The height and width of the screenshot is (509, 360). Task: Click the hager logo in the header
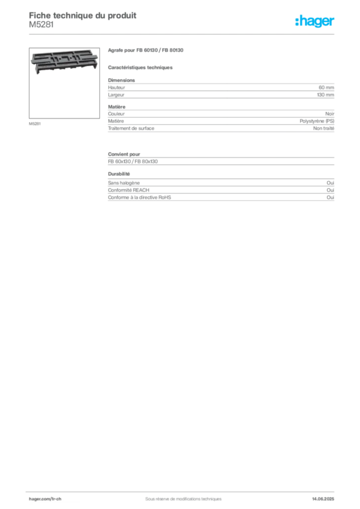pos(315,21)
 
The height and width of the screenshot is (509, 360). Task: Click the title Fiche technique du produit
pos(83,15)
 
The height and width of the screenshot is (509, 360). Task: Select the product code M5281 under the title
pos(41,25)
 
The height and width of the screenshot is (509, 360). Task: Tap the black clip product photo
pos(64,61)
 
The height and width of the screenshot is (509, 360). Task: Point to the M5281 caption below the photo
pos(35,124)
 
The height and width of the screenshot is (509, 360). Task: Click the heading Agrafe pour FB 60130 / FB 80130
pos(145,50)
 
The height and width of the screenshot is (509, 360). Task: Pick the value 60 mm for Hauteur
pos(326,87)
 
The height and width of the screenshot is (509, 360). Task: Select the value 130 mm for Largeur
pos(326,95)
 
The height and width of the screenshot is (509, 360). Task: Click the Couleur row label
pos(116,114)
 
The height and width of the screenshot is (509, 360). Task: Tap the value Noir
pos(330,114)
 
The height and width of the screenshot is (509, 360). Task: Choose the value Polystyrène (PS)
pos(317,121)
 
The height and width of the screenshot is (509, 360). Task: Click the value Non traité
pos(324,129)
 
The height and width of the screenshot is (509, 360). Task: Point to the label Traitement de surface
pos(131,129)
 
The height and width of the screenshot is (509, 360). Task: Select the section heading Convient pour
pos(124,154)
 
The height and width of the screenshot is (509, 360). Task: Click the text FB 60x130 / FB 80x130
pos(133,162)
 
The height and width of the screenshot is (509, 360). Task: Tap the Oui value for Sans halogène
pos(331,183)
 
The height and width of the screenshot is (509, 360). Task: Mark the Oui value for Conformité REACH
pos(331,190)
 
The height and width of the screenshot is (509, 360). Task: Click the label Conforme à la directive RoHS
pos(139,197)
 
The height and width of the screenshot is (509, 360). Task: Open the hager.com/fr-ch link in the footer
pos(45,499)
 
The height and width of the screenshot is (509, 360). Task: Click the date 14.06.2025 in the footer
pos(323,499)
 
